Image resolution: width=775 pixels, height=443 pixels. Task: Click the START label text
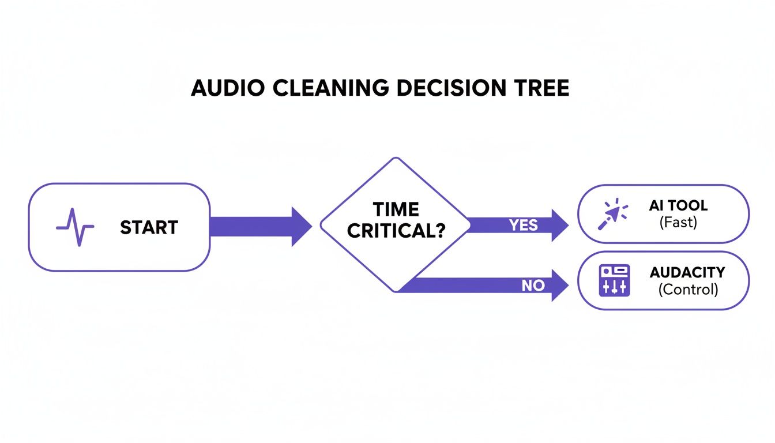click(x=149, y=227)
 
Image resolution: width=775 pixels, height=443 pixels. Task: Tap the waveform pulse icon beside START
click(x=75, y=227)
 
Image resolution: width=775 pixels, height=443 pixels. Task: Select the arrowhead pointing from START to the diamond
click(x=302, y=227)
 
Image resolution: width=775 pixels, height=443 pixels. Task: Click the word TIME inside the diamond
click(x=396, y=209)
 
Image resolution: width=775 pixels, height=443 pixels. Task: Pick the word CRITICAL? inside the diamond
click(x=396, y=230)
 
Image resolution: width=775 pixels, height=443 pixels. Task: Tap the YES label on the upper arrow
click(x=524, y=225)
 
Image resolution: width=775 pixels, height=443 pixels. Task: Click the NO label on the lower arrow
click(x=533, y=285)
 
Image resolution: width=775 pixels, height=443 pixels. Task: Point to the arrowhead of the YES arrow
click(x=560, y=225)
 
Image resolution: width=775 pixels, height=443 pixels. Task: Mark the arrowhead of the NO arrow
click(x=560, y=285)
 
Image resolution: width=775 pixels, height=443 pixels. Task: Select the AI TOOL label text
click(x=678, y=206)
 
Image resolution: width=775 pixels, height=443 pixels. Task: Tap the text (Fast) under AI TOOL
click(x=678, y=222)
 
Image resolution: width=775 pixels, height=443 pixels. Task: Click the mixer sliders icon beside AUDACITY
click(x=615, y=281)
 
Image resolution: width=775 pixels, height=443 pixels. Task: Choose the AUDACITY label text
click(x=687, y=272)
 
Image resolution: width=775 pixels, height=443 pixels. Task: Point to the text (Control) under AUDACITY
click(x=688, y=290)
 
